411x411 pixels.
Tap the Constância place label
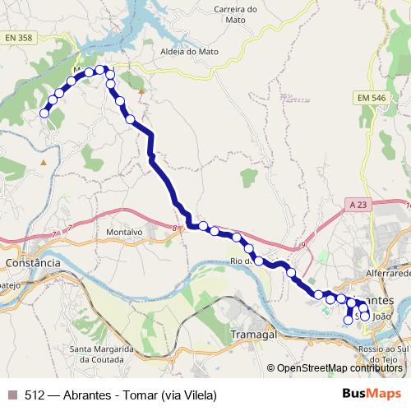(33, 263)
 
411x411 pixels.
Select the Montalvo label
(125, 233)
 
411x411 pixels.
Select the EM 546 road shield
(372, 98)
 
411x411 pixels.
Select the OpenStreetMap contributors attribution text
(339, 368)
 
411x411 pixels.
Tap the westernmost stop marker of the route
(44, 113)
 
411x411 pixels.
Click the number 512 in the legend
(35, 395)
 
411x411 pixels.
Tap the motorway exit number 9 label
(302, 244)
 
